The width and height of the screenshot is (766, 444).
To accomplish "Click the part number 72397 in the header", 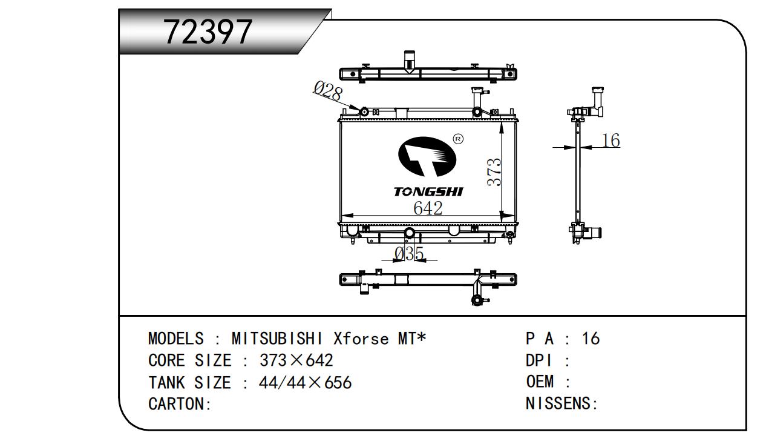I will point(208,31).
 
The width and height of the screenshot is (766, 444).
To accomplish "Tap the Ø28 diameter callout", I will point(327,91).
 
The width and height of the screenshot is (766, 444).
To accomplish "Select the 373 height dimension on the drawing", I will point(494,172).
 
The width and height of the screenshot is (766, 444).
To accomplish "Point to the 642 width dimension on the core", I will point(428,208).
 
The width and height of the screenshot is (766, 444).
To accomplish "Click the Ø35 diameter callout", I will point(408,254).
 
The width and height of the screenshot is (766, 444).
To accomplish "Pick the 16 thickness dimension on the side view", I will point(611,141).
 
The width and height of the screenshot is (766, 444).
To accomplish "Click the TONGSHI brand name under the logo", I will point(428,192).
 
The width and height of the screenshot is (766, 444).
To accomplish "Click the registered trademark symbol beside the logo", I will point(458,139).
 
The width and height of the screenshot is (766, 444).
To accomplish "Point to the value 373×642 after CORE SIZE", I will point(296,360).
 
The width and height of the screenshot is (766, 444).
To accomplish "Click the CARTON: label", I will point(180,404).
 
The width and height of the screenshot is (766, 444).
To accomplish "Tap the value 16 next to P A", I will point(590,339).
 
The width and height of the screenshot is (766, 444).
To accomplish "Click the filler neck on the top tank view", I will point(410,61).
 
